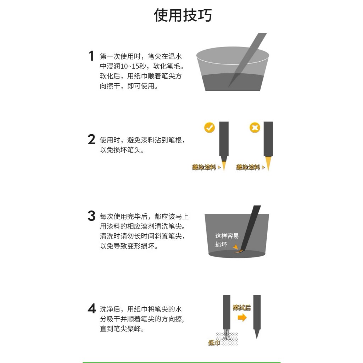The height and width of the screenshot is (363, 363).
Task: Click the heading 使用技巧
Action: [x=183, y=16]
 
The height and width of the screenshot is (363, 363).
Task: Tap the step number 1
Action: [x=91, y=56]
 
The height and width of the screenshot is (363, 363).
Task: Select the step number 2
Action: [x=91, y=139]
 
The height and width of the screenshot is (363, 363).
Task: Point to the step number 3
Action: [x=91, y=216]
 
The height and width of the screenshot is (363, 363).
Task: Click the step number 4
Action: [x=92, y=308]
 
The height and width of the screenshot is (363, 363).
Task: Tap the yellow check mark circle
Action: [x=209, y=128]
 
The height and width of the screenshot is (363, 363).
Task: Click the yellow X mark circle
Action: [x=255, y=128]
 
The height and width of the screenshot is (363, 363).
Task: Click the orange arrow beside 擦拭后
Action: [x=242, y=318]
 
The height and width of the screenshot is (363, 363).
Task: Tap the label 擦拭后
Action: [x=242, y=307]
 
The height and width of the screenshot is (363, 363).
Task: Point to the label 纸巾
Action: [x=214, y=343]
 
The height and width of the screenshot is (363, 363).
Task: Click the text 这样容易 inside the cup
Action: [x=227, y=236]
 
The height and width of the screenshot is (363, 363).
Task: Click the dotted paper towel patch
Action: [x=227, y=339]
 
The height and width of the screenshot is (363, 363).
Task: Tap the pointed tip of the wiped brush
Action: [x=257, y=339]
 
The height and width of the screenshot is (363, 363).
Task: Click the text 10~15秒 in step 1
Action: [x=133, y=66]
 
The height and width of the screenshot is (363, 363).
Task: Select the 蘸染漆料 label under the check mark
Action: [x=204, y=167]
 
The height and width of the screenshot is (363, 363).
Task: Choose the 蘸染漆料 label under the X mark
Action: [x=248, y=167]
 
